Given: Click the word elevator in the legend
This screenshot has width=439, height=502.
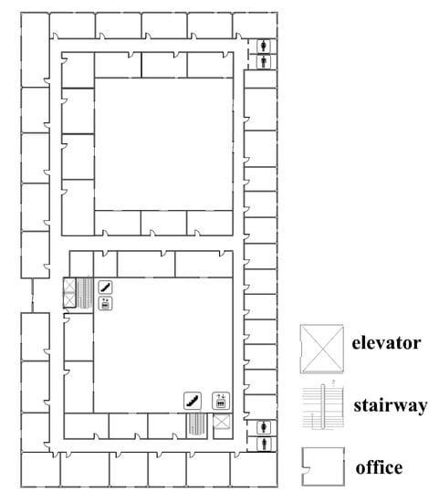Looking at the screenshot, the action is (x=386, y=343).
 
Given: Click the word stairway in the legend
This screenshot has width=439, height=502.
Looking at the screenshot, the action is (x=391, y=405).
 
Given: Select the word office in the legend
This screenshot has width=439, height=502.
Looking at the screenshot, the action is (x=379, y=467).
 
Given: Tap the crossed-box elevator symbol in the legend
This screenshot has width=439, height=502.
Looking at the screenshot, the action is (x=322, y=349).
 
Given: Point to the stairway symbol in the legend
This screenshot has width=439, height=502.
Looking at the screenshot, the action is (x=323, y=406).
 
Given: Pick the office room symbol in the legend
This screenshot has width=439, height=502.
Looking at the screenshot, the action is (x=323, y=466).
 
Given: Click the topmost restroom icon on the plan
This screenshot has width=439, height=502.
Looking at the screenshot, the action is (x=264, y=46).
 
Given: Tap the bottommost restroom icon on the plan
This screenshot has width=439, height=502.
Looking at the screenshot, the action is (x=264, y=444).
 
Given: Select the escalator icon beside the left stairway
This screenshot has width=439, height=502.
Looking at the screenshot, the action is (x=105, y=287).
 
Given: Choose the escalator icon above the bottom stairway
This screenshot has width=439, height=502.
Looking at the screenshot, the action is (x=193, y=401).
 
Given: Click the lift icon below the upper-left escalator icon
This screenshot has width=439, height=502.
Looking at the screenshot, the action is (x=105, y=304).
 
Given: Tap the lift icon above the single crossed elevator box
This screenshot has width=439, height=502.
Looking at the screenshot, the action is (x=221, y=401).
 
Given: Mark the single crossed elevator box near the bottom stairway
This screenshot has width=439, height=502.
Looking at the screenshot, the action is (x=222, y=422).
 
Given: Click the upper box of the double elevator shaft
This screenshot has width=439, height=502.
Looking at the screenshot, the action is (x=69, y=286).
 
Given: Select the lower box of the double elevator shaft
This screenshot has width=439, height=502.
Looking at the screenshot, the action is (x=69, y=299).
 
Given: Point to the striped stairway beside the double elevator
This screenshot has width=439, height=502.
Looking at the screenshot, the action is (x=85, y=293).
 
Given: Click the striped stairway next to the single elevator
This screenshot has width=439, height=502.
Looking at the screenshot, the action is (x=196, y=424).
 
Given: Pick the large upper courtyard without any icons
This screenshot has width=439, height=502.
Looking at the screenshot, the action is (x=163, y=144).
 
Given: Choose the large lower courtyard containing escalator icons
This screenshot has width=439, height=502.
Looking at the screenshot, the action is (x=163, y=345).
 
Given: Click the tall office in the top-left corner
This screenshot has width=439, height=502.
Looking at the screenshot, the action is (x=36, y=49).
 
